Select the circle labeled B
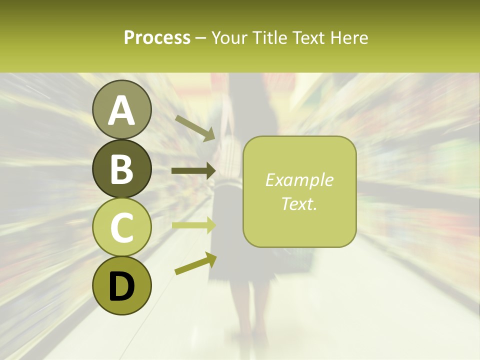click(x=122, y=168)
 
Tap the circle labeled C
click(x=122, y=227)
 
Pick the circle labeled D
click(x=122, y=285)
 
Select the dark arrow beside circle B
click(x=194, y=171)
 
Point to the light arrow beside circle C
click(x=194, y=225)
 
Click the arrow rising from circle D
click(x=195, y=263)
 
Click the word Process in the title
click(x=157, y=37)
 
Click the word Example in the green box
click(x=299, y=180)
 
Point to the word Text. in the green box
click(x=299, y=203)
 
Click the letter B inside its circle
click(x=122, y=169)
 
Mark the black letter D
click(x=122, y=286)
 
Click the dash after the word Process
click(x=201, y=38)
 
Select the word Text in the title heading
click(x=307, y=37)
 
